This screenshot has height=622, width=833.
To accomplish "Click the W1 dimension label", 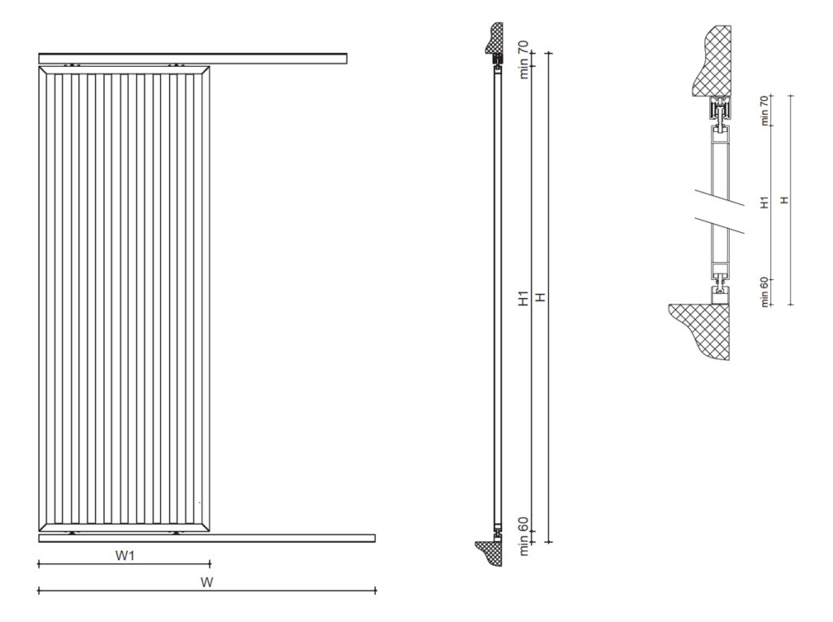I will click(124, 556).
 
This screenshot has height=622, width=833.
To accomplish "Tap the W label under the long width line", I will click(207, 582).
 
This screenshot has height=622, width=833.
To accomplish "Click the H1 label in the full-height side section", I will click(524, 300).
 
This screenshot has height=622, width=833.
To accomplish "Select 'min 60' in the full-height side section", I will click(524, 540).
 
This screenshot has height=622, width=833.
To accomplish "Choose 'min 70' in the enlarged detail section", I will click(764, 111).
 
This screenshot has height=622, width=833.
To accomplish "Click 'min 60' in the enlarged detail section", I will click(764, 292).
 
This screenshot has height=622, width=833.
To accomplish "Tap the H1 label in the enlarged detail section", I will click(764, 202).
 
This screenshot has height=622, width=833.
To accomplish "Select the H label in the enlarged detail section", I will click(783, 200).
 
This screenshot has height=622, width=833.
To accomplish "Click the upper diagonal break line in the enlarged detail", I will click(721, 198).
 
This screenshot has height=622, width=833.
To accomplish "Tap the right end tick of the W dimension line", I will click(376, 590).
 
